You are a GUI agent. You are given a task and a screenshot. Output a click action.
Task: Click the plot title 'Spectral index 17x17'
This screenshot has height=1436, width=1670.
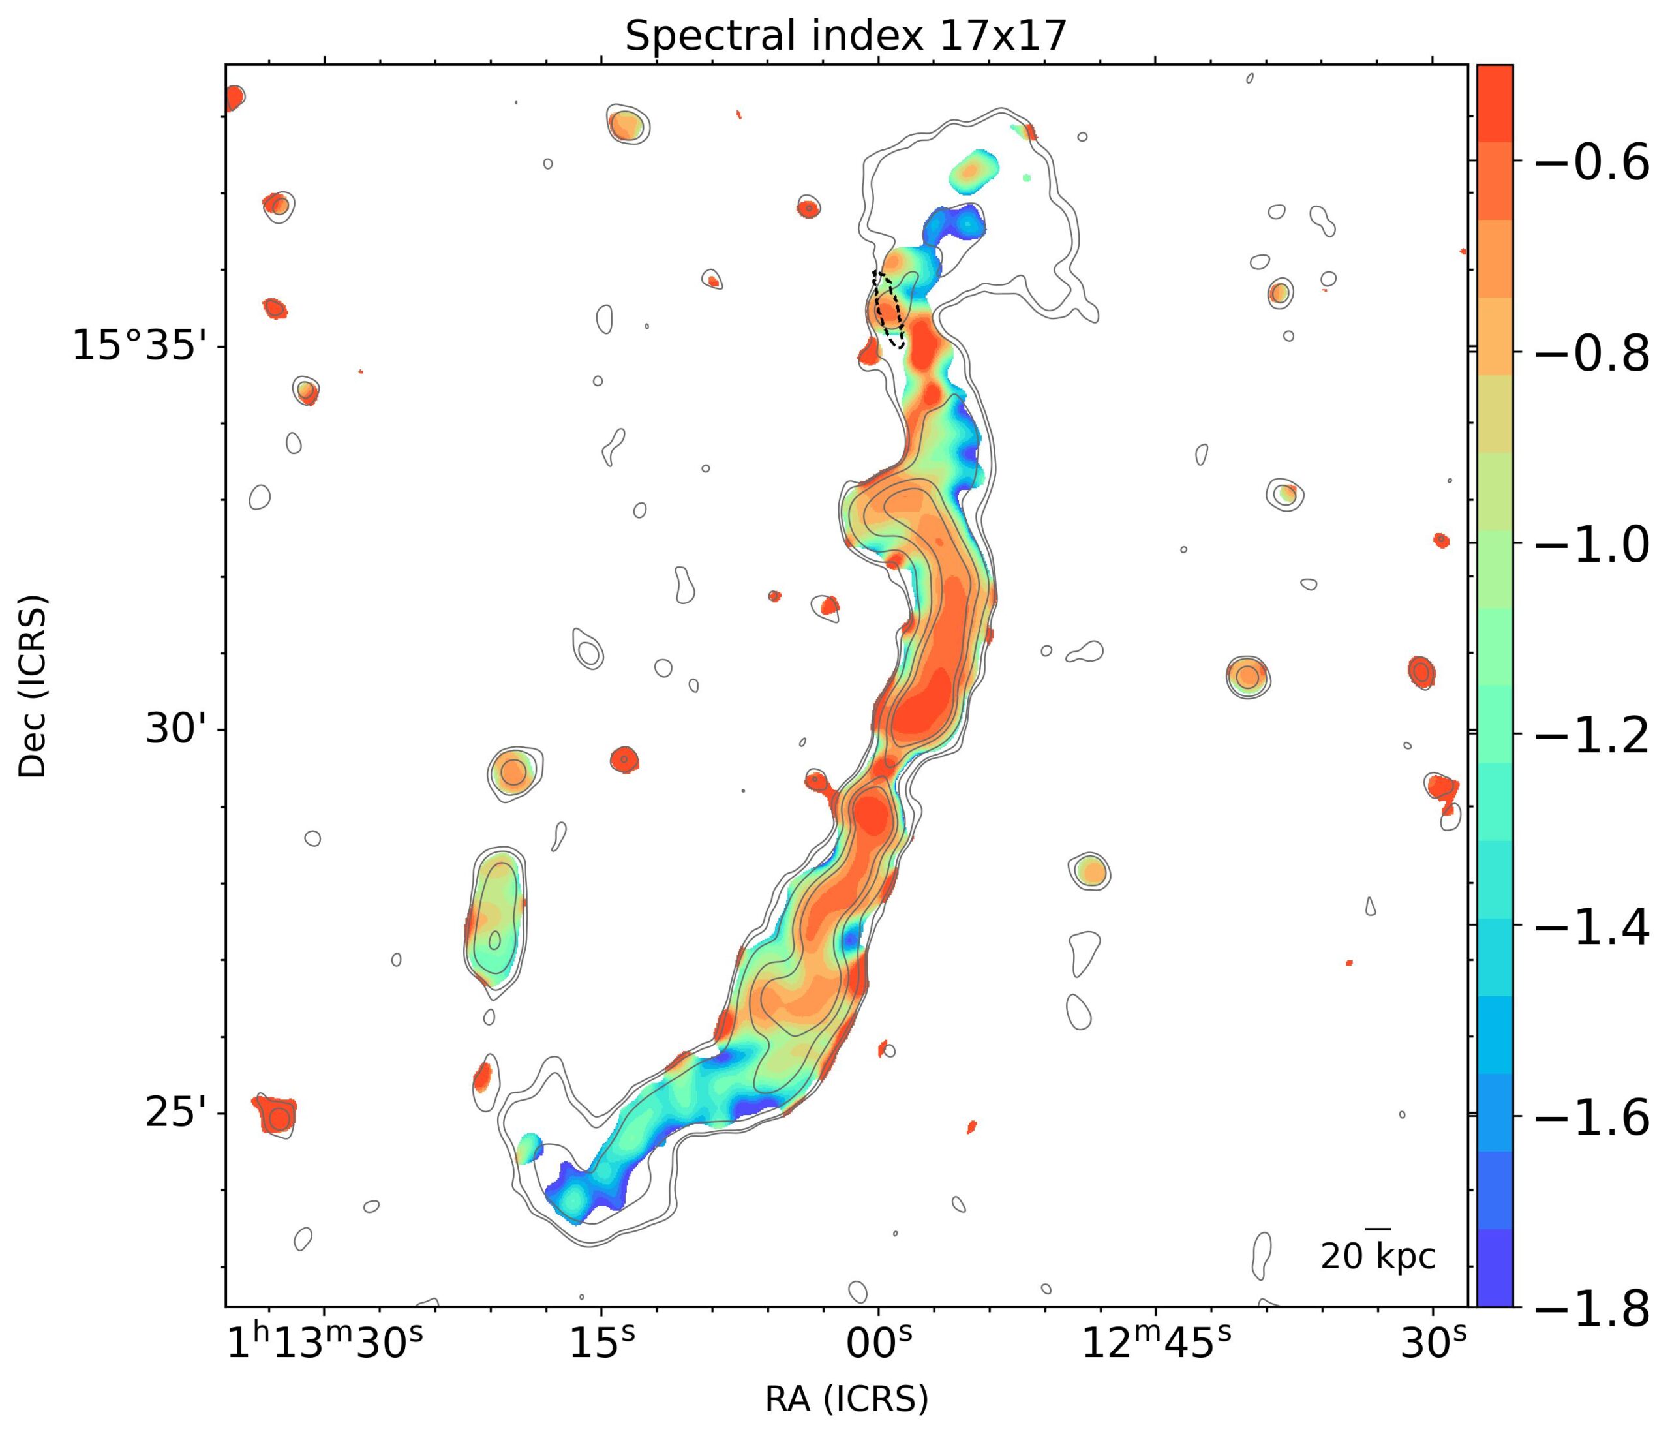tap(845, 37)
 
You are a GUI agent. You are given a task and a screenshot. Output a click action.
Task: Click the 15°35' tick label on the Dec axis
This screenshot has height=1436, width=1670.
tap(145, 346)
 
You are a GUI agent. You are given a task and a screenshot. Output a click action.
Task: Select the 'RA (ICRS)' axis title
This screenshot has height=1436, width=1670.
tap(846, 1399)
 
